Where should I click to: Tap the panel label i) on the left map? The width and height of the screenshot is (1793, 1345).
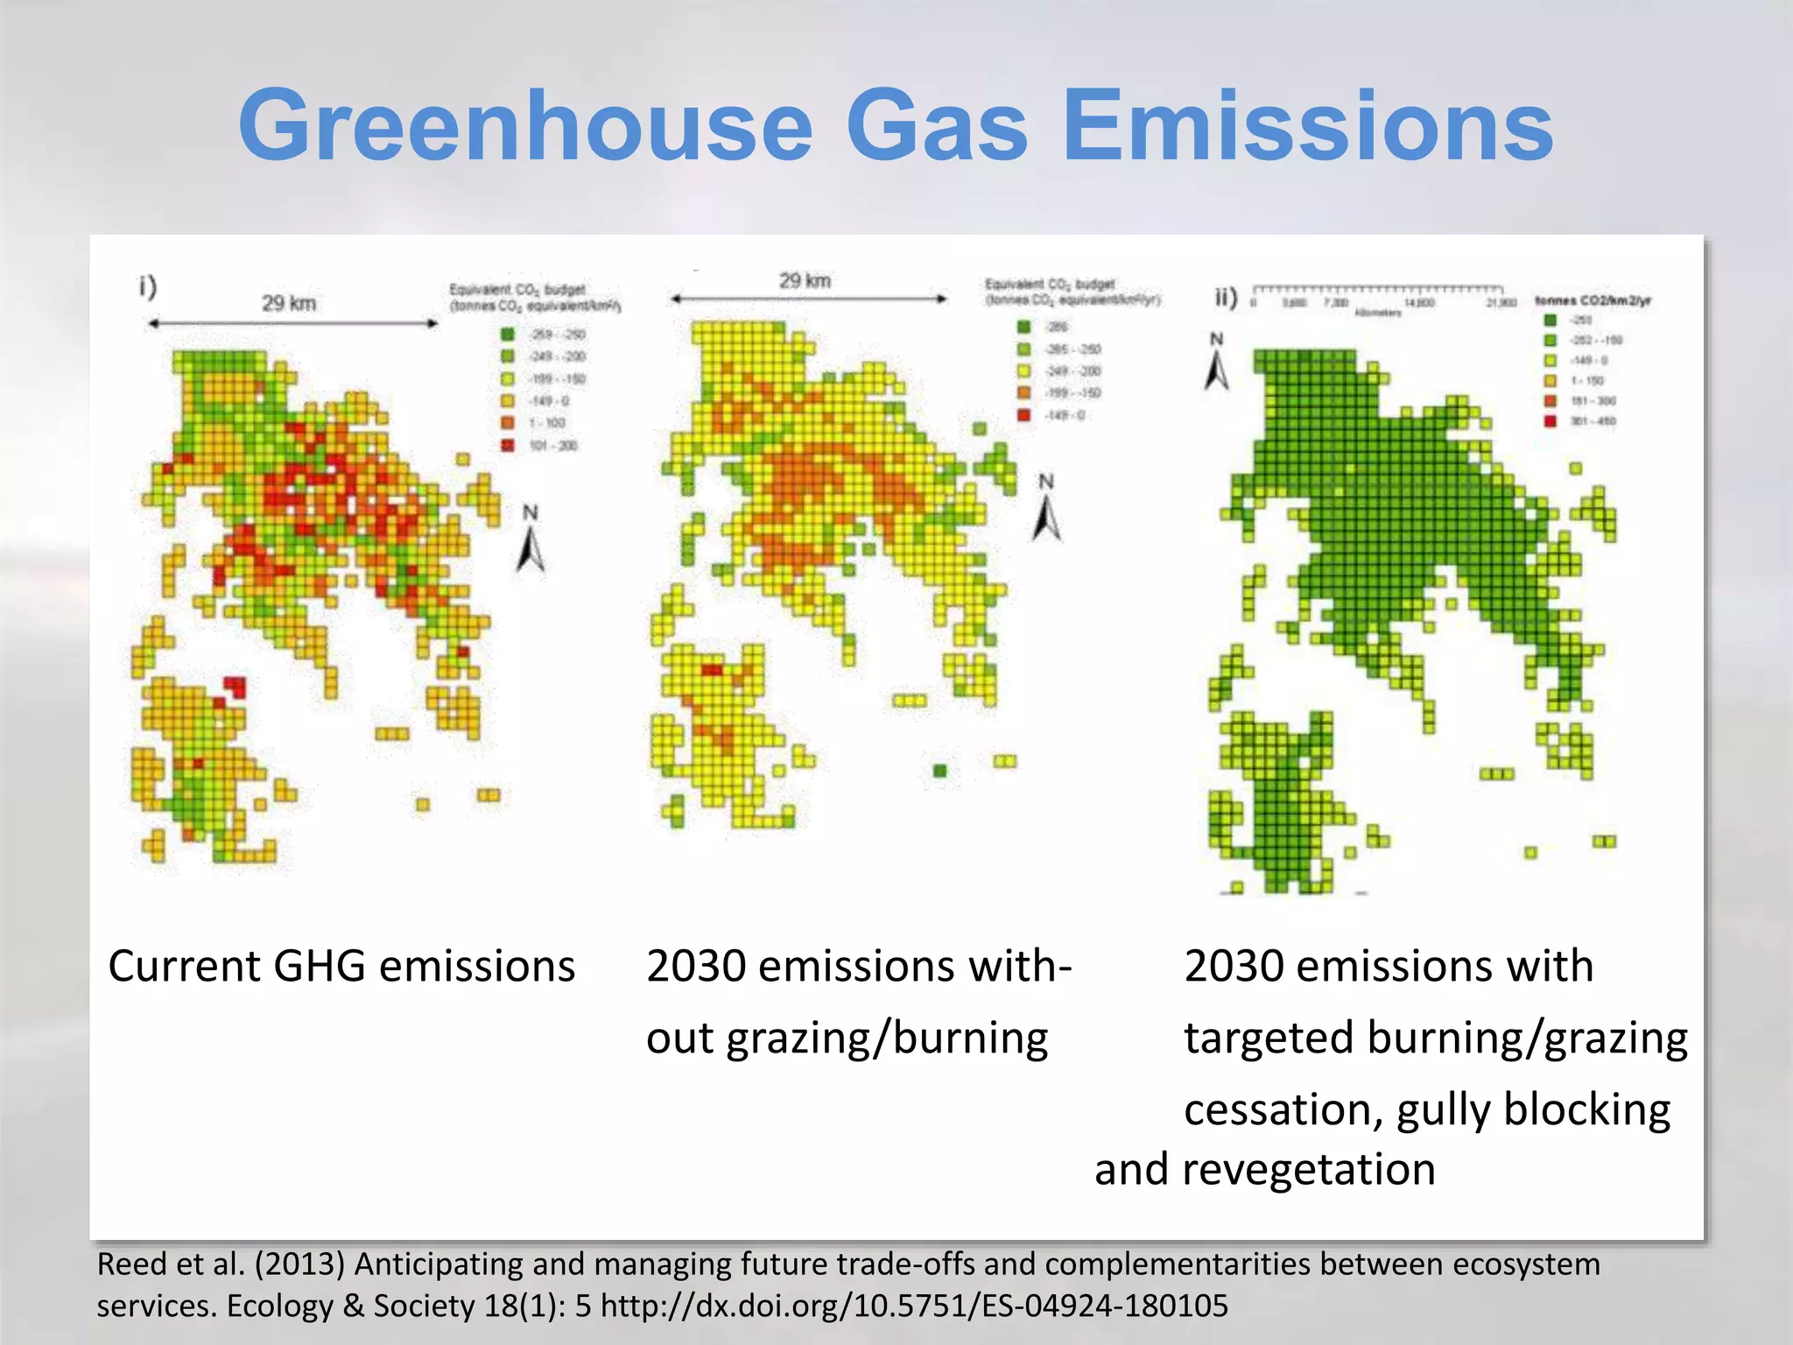coord(147,286)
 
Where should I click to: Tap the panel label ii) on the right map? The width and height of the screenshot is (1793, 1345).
coord(1226,298)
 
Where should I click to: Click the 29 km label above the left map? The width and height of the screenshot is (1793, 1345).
coord(289,303)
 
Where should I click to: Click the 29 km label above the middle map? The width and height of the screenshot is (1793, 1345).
coord(805,281)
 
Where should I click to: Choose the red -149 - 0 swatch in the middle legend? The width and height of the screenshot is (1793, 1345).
coord(1023,415)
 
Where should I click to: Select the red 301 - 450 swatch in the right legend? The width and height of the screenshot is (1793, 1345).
coord(1550,421)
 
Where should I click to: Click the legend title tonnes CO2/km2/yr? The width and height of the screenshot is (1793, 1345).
coord(1593,300)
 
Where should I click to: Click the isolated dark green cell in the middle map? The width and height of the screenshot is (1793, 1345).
coord(940,771)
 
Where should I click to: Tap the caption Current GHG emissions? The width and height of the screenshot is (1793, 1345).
coord(341,967)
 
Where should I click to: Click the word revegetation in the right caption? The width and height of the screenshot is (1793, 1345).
coord(1309,1170)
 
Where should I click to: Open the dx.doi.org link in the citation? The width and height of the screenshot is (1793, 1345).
coord(914,1306)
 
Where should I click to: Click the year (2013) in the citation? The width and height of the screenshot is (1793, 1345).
coord(300,1264)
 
